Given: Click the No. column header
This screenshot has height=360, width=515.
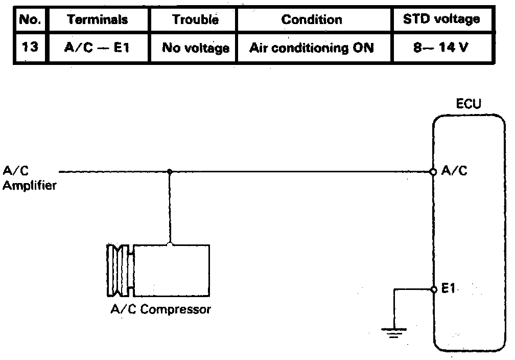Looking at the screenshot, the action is click(30, 19).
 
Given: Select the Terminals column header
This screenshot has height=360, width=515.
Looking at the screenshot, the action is click(98, 19).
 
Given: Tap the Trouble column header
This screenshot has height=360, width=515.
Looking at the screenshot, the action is click(195, 19).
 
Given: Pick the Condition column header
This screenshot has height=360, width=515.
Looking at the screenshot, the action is click(312, 19).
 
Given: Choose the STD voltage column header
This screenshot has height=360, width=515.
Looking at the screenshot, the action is click(441, 19).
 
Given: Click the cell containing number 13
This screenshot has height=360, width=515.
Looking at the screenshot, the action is click(30, 47).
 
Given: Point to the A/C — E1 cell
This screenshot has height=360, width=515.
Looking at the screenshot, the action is click(97, 48).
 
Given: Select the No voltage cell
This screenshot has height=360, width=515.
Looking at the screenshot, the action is click(196, 48).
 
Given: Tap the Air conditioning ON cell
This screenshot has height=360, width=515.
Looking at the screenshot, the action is click(311, 48).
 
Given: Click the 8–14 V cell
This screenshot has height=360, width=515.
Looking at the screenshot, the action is click(440, 48).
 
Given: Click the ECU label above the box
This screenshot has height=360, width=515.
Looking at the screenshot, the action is click(469, 104).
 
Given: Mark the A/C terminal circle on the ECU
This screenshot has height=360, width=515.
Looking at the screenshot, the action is click(433, 172).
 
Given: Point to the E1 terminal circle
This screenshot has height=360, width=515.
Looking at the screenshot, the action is click(434, 289).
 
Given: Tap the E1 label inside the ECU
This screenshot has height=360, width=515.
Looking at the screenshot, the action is click(448, 288).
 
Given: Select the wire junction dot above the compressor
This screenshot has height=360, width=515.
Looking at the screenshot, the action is click(170, 172).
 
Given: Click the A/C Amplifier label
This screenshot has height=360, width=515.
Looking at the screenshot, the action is click(30, 178).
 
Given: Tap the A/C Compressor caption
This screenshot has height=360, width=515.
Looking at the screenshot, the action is click(160, 309).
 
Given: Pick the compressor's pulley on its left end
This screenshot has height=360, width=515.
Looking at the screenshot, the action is click(120, 270).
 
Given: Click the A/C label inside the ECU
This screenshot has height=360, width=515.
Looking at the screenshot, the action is click(454, 171).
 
